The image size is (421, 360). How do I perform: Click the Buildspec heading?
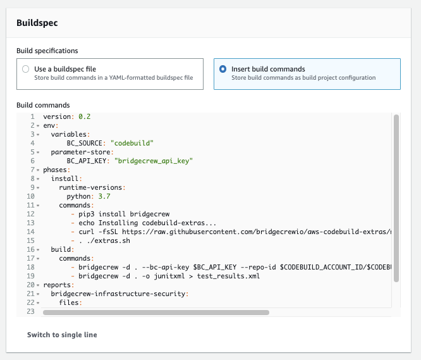(x=37, y=23)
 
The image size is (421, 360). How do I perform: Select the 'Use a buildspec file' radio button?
(x=26, y=69)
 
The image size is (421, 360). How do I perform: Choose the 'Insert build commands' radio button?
(x=223, y=69)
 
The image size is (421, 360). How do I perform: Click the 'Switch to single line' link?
(x=62, y=335)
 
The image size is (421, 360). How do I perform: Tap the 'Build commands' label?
(x=43, y=105)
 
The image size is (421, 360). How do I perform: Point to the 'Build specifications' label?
(x=47, y=51)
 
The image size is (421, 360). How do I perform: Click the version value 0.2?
(x=85, y=116)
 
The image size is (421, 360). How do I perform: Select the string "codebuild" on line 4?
(x=132, y=143)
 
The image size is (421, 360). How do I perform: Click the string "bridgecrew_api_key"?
(x=154, y=161)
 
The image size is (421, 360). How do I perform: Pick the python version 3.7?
(x=104, y=196)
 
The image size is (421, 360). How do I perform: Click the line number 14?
(x=30, y=232)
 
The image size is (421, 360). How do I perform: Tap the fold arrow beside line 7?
(x=38, y=170)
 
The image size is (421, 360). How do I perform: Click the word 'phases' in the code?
(x=55, y=170)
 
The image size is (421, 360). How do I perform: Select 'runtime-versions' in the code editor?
(x=91, y=187)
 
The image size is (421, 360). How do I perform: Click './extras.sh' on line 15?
(x=109, y=240)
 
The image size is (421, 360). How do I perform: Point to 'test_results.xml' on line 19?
(x=228, y=276)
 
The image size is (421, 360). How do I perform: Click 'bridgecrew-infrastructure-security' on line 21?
(x=118, y=294)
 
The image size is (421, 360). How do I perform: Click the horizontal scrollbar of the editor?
(x=156, y=313)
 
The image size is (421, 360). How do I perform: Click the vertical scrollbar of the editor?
(x=396, y=198)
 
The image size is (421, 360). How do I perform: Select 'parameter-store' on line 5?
(x=81, y=152)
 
